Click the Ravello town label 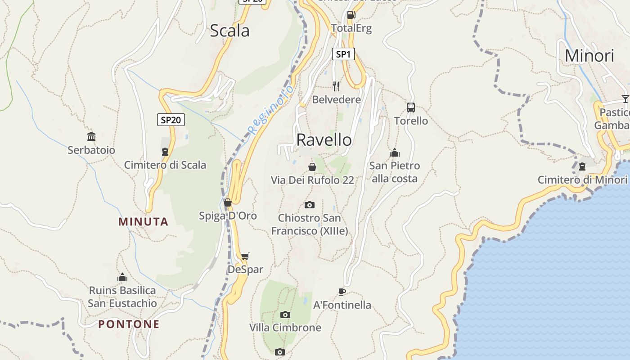tap(324, 140)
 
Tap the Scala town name tap(229, 31)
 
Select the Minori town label tap(589, 56)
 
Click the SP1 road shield tap(343, 54)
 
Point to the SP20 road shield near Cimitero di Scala tap(171, 120)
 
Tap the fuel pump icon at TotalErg tap(351, 15)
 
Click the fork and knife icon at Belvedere tap(336, 86)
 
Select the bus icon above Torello tap(411, 108)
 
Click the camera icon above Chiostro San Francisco tap(310, 205)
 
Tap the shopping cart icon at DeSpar tap(245, 256)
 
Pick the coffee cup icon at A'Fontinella tap(342, 292)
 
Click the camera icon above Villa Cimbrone tap(285, 315)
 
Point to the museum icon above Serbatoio tap(91, 136)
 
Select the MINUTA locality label tap(143, 222)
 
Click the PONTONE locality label tap(129, 324)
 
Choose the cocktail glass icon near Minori tap(625, 99)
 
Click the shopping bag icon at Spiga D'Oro tap(228, 203)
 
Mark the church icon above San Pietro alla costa tap(395, 153)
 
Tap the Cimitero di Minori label tap(582, 180)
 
